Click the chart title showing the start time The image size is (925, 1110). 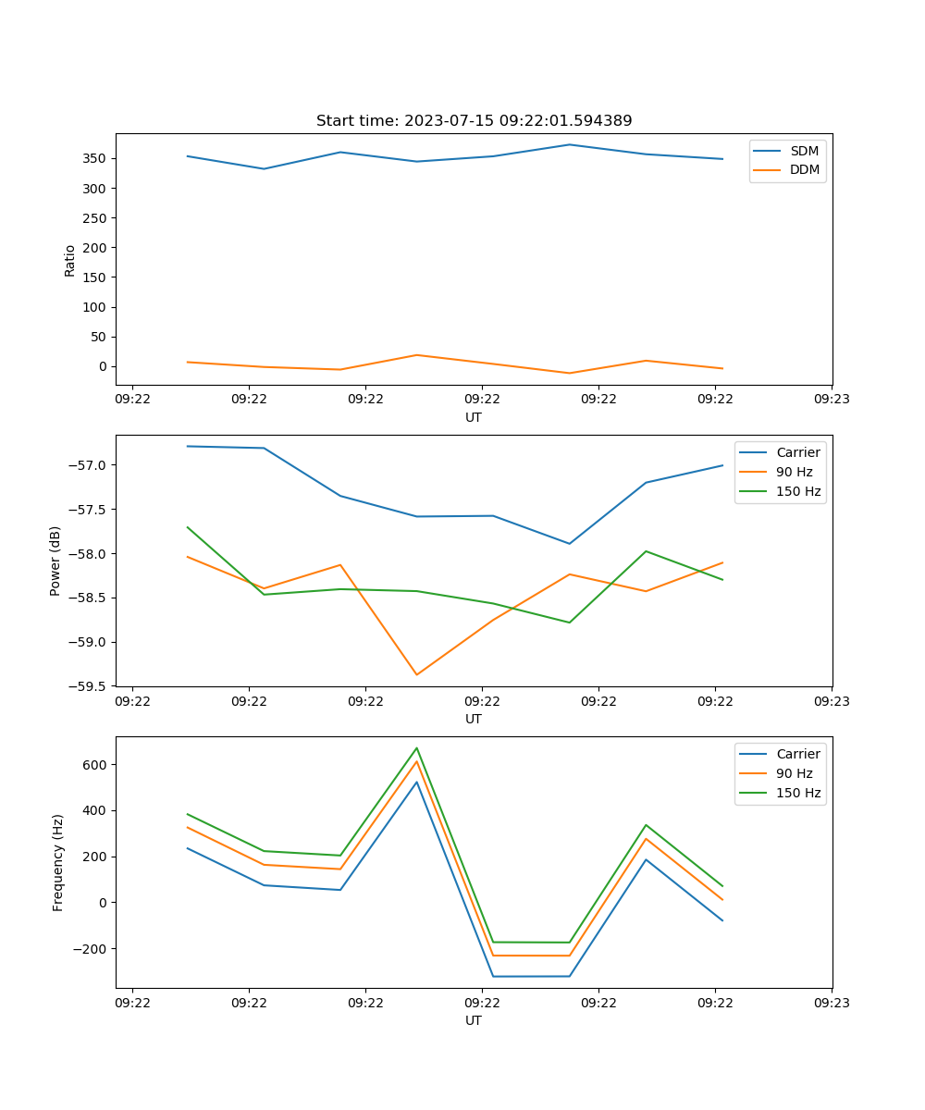474,121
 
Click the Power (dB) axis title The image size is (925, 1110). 55,561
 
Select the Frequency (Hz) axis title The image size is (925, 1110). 57,862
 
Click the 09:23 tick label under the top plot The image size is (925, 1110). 832,399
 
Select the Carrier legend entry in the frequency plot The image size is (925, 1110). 797,754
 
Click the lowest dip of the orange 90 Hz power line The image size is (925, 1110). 416,674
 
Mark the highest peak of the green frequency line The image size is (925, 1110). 416,748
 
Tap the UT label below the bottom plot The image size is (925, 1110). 474,1020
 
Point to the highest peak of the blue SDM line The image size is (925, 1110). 569,144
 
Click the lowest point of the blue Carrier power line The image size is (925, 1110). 569,543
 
